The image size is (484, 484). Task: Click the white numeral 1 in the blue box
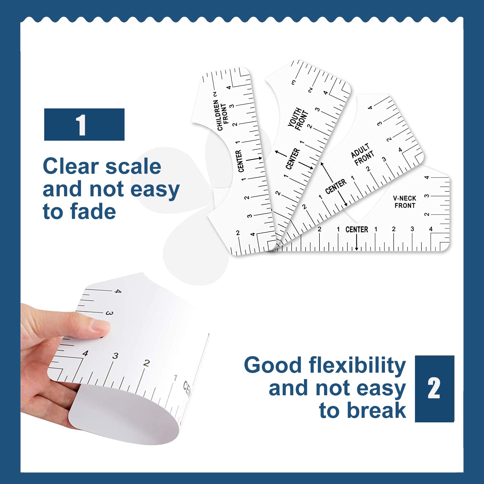(x=81, y=125)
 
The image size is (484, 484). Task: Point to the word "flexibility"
(x=357, y=366)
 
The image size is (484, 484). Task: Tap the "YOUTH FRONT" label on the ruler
(x=298, y=119)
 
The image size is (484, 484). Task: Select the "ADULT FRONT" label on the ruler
(x=362, y=154)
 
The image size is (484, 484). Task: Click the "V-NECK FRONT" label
(x=405, y=202)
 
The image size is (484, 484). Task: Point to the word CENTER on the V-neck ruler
(x=357, y=229)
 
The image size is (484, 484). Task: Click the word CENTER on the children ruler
(x=239, y=161)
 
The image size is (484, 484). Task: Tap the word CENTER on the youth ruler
(x=292, y=158)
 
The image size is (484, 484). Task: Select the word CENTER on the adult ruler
(x=336, y=187)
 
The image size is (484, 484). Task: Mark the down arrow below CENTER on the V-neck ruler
(x=357, y=242)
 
